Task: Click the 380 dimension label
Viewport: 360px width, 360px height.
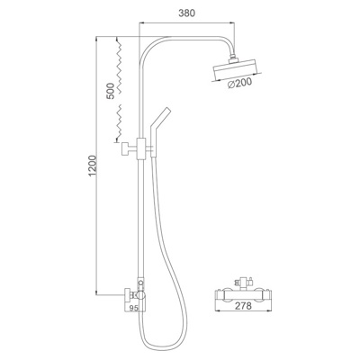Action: click(x=186, y=13)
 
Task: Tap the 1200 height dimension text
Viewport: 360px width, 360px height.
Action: click(x=93, y=166)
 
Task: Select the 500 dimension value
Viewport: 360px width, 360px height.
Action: click(x=110, y=91)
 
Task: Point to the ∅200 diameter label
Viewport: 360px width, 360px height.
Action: click(x=239, y=84)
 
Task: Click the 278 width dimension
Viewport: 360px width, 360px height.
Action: click(x=243, y=306)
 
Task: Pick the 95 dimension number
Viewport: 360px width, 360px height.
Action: click(x=133, y=308)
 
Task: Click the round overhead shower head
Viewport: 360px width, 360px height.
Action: click(x=236, y=69)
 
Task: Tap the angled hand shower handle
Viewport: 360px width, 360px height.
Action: click(x=159, y=131)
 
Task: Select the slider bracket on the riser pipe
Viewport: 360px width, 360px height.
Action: click(x=140, y=148)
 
